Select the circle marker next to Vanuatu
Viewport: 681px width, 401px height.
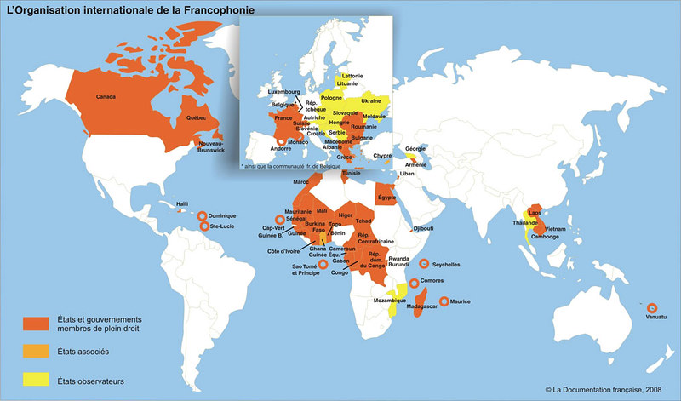(x=653, y=308)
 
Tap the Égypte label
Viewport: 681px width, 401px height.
(x=388, y=197)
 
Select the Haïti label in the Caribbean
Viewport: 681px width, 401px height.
(x=181, y=203)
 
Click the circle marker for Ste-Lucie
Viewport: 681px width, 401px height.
(x=204, y=226)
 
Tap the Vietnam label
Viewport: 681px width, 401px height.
(x=554, y=230)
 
